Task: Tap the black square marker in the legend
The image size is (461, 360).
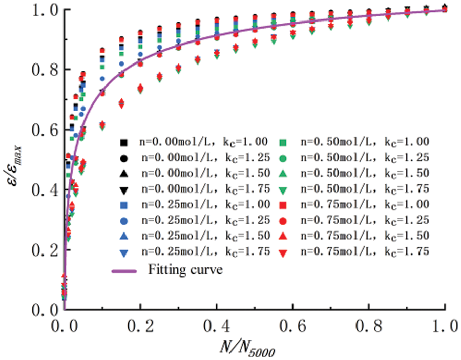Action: pyautogui.click(x=123, y=141)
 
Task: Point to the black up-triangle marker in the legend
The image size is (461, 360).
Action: pyautogui.click(x=123, y=173)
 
